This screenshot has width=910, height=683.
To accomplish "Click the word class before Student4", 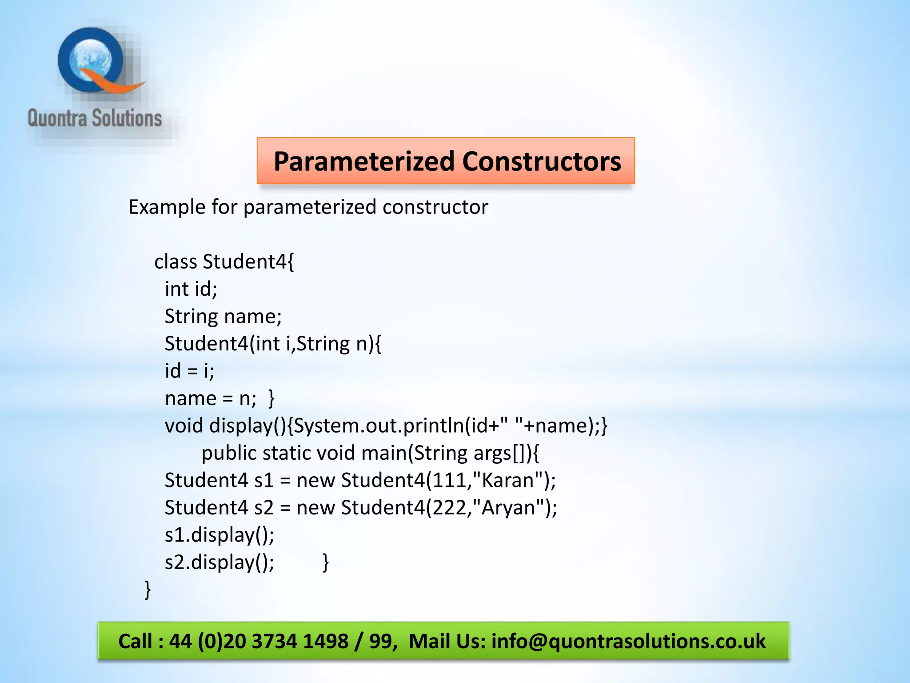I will (x=176, y=261).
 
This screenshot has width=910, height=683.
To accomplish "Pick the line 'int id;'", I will (x=191, y=289).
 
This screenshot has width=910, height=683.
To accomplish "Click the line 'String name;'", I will (x=223, y=317).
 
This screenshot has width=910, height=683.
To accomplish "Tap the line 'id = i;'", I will (x=189, y=371).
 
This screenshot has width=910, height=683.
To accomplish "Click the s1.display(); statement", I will (x=220, y=535).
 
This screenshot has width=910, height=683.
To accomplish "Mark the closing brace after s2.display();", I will (x=326, y=562).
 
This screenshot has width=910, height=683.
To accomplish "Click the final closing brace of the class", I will (x=148, y=590).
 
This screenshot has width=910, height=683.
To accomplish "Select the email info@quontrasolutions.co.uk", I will (x=628, y=641).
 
